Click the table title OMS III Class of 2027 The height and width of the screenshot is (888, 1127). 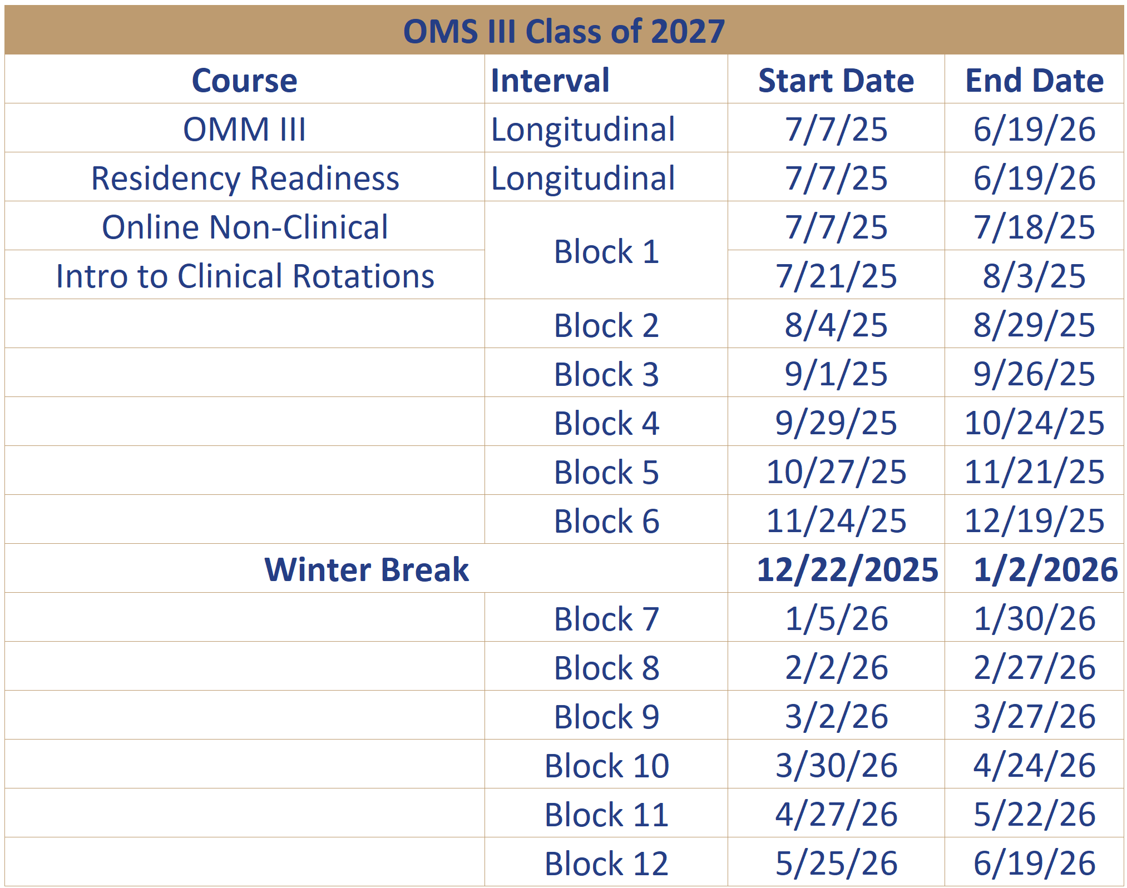point(563,31)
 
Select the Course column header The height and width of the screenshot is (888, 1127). point(245,81)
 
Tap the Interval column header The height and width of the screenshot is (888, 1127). point(550,81)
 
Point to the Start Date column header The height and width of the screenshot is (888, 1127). point(836,81)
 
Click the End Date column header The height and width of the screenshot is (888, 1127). point(1035,81)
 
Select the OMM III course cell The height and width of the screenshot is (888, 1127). point(245,130)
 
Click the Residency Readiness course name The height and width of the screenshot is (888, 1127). point(245,178)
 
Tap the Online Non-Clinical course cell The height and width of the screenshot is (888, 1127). point(245,227)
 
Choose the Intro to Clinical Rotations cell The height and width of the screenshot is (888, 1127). point(245,276)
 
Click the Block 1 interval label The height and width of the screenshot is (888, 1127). point(606,252)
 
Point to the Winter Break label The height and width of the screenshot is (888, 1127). point(367,570)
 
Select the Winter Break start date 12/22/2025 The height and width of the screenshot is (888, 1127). point(848,570)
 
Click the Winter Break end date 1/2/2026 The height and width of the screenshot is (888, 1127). point(1046,570)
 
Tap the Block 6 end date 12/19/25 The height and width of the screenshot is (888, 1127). point(1035,521)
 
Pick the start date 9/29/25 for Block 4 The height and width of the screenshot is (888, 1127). point(836,423)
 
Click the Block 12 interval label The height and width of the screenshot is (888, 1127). point(606,864)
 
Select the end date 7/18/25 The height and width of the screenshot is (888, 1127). point(1035,227)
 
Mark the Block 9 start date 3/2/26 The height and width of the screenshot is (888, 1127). point(837,717)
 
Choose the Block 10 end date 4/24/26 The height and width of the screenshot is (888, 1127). point(1035,766)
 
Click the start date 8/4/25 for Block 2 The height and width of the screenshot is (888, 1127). point(836,325)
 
